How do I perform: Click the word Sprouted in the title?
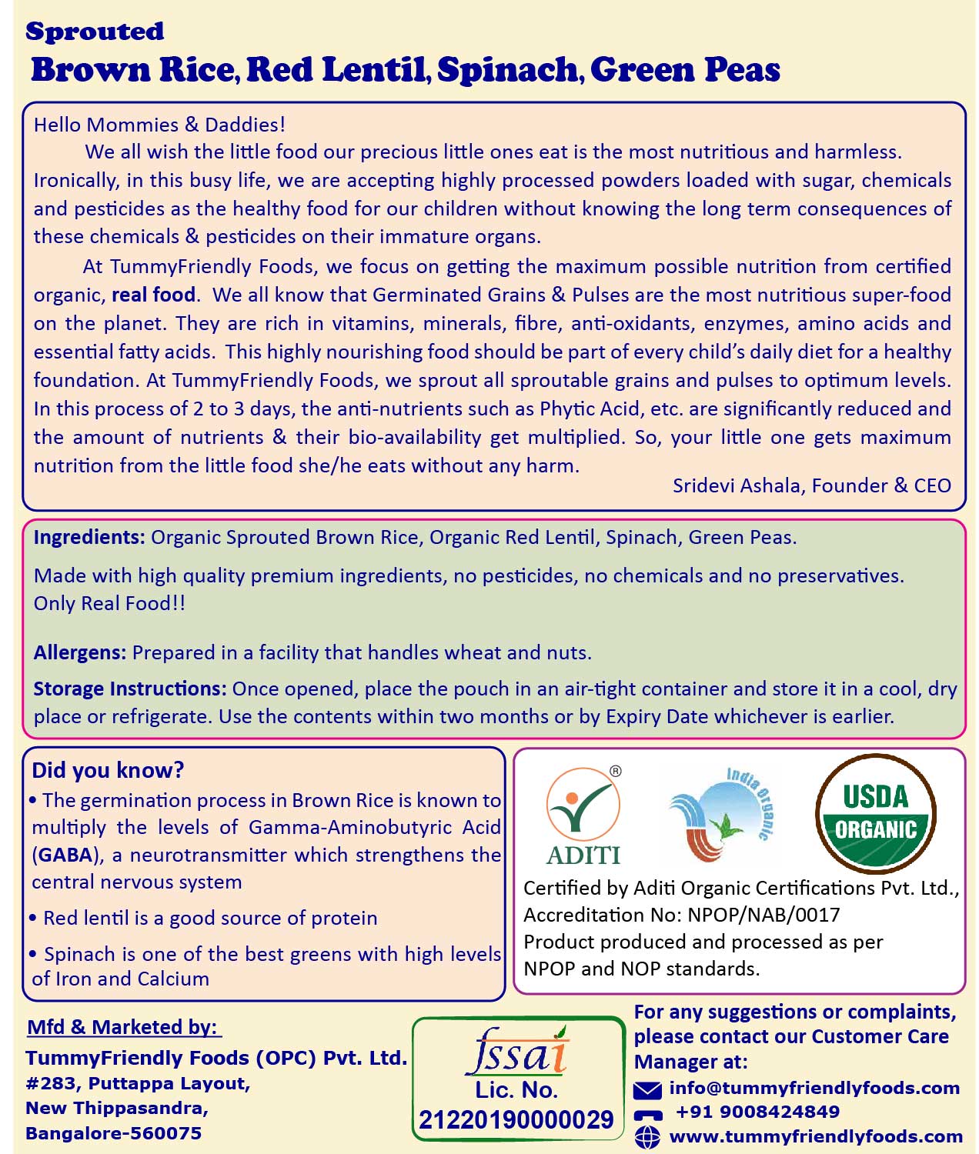coord(95,32)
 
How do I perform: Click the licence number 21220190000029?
coord(516,1119)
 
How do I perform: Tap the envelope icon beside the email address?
coord(647,1089)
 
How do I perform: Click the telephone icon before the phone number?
coord(647,1114)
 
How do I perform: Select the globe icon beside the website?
coord(647,1136)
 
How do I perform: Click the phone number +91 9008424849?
coord(757,1112)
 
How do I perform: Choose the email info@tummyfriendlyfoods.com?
coord(814,1088)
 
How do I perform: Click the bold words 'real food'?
coord(153,295)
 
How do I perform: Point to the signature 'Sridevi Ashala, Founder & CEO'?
coord(811,485)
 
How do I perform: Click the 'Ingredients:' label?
coord(89,538)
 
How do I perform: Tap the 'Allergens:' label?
coord(79,653)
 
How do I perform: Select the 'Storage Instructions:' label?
coord(129,689)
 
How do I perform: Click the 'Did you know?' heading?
coord(108,770)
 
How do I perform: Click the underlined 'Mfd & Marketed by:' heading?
coord(123,1027)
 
